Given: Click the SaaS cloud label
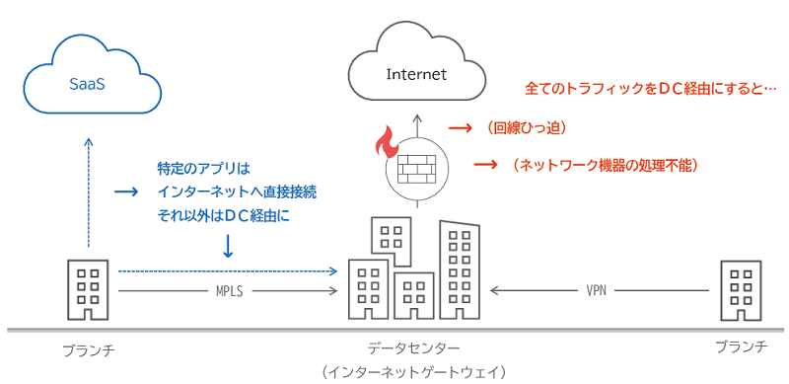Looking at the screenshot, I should (x=87, y=85).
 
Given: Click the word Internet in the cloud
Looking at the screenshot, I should (x=416, y=74).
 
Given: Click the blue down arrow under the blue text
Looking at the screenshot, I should (x=228, y=244).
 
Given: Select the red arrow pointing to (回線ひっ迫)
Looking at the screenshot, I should (x=458, y=128).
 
